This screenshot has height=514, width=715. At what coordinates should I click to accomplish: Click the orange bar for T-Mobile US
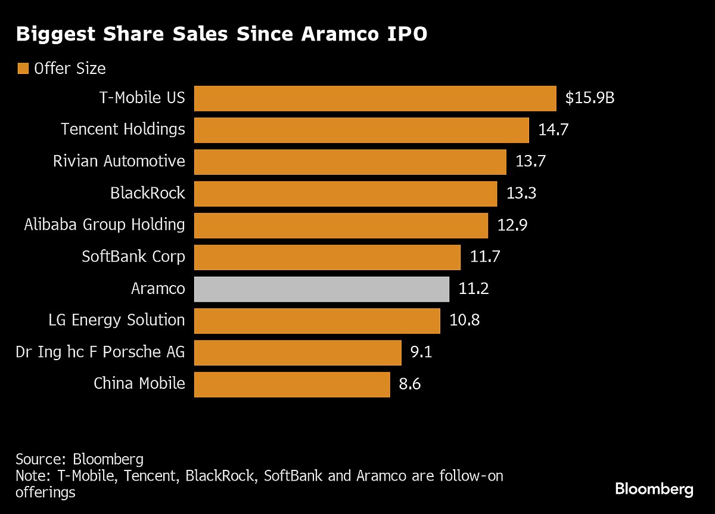click(375, 98)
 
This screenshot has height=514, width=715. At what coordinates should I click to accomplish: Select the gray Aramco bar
click(322, 289)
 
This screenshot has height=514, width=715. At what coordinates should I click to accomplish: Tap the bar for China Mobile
click(292, 385)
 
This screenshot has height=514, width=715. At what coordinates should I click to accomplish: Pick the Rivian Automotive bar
click(350, 162)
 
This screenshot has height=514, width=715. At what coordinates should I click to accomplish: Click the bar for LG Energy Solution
click(317, 321)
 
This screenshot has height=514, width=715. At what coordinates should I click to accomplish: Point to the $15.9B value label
click(589, 98)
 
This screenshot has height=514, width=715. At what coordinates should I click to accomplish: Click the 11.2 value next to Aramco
click(474, 289)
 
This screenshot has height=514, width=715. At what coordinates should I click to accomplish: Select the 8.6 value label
click(409, 385)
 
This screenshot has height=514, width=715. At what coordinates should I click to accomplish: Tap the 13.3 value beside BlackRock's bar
click(522, 193)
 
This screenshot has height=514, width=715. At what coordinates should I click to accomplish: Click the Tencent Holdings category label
click(123, 129)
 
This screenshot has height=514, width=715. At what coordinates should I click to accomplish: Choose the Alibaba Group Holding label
click(104, 225)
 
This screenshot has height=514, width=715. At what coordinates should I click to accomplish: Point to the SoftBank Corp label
click(133, 257)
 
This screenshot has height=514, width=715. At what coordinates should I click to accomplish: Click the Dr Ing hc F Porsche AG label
click(100, 352)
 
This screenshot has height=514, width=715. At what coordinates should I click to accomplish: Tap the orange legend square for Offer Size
click(23, 69)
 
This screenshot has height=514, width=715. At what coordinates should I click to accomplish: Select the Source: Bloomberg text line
click(80, 460)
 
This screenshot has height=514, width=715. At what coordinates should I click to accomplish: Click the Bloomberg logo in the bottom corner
click(654, 490)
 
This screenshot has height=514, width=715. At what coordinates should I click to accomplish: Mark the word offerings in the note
click(45, 493)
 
